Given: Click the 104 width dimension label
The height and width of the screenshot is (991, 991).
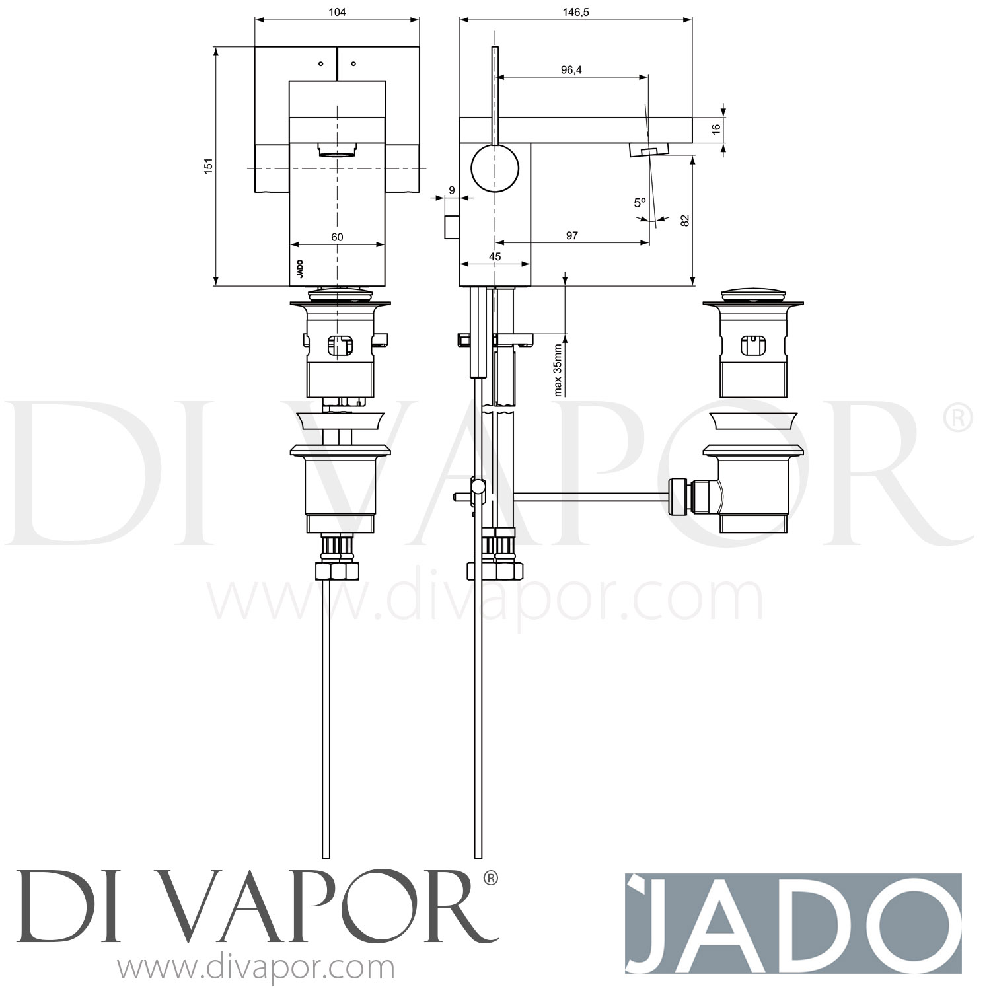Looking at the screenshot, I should point(336,12).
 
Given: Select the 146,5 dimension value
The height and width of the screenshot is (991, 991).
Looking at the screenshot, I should point(575,12).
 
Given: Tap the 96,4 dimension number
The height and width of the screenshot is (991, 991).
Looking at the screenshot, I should point(571,70).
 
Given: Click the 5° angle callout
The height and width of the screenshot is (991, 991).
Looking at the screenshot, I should point(639,203).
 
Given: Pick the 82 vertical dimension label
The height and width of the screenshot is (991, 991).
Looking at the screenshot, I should point(684,221).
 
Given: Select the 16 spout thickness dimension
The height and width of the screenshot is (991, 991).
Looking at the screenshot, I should point(716,129).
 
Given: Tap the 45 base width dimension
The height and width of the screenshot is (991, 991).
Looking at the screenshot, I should point(494,256).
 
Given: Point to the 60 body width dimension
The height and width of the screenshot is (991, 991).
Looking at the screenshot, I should point(337,237).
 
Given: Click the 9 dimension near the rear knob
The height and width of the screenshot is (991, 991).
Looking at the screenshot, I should point(451,190).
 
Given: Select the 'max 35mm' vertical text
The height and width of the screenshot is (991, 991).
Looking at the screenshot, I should point(558,369).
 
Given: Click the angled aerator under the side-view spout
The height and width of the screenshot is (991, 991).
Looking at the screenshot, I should point(643,152).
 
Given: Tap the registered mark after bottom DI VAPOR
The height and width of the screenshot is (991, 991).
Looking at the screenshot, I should point(490,879).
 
